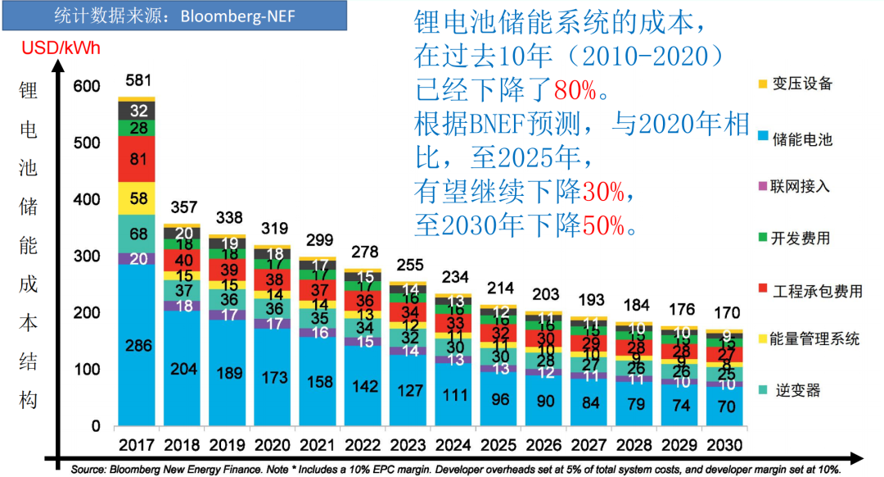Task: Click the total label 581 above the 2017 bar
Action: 137,81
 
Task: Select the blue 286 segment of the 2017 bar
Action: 137,345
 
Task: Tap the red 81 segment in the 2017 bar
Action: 137,159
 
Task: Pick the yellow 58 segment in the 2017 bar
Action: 137,198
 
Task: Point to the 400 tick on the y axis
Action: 87,199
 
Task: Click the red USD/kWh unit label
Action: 61,48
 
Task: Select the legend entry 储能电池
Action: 801,139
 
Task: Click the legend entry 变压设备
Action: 801,83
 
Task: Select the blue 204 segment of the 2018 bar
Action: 183,369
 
